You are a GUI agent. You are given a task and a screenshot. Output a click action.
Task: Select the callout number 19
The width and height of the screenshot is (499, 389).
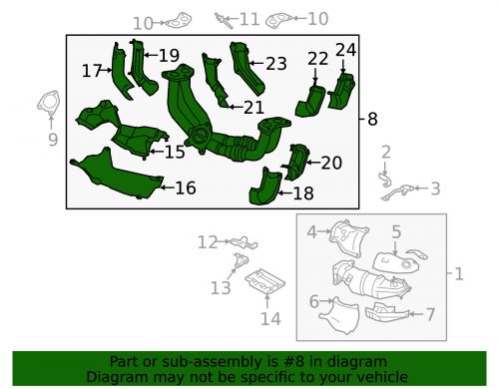pyautogui.click(x=169, y=55)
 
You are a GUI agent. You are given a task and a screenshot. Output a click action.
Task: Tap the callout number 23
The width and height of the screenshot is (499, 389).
pyautogui.click(x=275, y=63)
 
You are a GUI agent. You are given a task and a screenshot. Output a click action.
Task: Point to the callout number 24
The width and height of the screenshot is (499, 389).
pyautogui.click(x=345, y=49)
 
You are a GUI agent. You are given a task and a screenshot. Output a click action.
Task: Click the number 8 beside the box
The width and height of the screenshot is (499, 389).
pyautogui.click(x=372, y=119)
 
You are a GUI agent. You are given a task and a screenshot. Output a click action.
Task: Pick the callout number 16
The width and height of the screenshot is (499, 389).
pyautogui.click(x=185, y=188)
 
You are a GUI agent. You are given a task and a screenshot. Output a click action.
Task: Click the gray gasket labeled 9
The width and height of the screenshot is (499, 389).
pyautogui.click(x=46, y=104)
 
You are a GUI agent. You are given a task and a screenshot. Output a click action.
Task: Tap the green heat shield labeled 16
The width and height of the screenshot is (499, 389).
pyautogui.click(x=115, y=171)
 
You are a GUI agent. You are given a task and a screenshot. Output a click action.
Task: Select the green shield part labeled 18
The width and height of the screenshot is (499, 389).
pyautogui.click(x=267, y=188)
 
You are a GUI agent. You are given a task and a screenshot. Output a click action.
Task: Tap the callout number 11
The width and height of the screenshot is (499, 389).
pyautogui.click(x=249, y=19)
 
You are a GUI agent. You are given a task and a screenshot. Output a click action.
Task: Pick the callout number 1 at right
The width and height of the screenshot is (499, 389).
pyautogui.click(x=459, y=273)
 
